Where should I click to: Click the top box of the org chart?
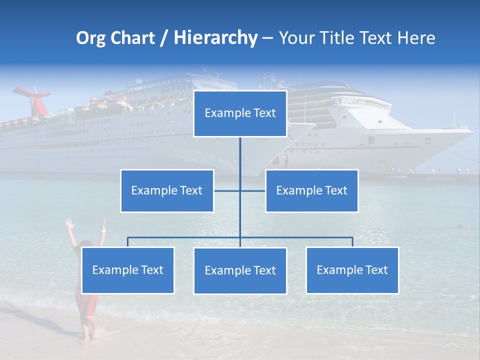click(x=240, y=113)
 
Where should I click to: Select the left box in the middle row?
click(x=167, y=190)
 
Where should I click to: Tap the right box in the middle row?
click(x=311, y=190)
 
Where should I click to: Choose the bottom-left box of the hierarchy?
click(x=127, y=270)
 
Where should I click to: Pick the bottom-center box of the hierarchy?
click(x=240, y=270)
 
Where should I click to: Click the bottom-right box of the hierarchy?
click(x=352, y=270)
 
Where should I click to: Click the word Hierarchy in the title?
click(x=215, y=37)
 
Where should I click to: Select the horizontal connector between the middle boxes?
click(x=240, y=190)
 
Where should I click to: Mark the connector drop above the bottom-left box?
click(x=127, y=242)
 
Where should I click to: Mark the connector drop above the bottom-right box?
click(x=352, y=242)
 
